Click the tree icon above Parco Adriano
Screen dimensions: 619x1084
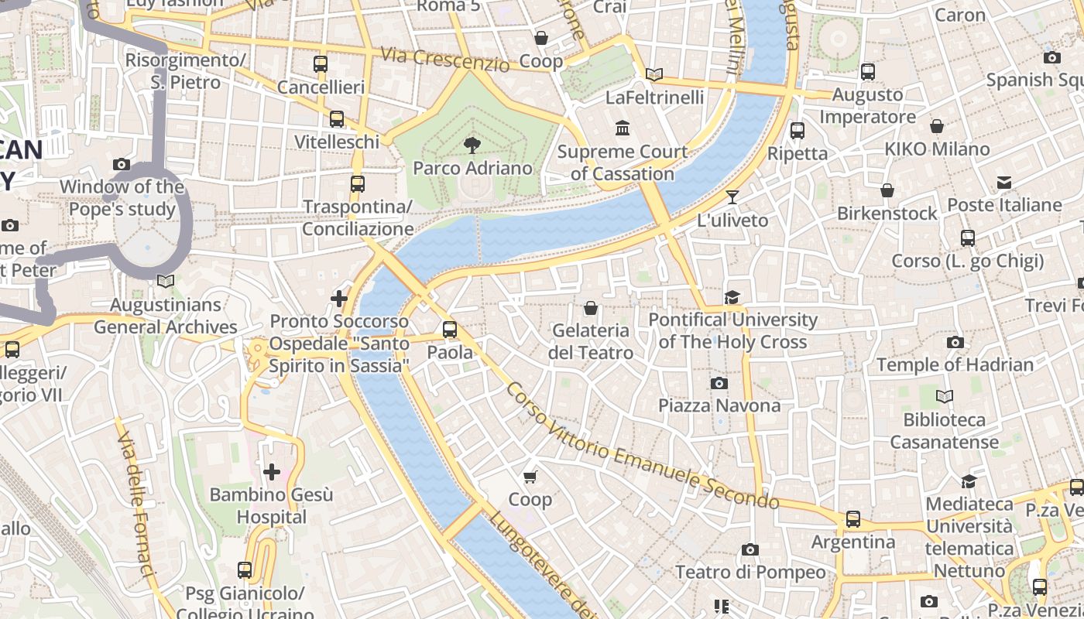[472, 145]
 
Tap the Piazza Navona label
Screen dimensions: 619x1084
[719, 405]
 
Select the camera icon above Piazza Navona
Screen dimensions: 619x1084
[719, 383]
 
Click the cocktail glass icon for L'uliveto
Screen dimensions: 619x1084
[732, 197]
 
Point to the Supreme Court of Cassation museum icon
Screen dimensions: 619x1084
[622, 128]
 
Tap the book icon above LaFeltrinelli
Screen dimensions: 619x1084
[654, 74]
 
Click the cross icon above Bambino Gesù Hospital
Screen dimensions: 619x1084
[272, 471]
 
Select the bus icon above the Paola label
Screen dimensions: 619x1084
[450, 330]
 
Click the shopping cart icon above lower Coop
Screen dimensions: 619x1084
[530, 477]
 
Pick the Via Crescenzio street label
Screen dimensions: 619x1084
[446, 60]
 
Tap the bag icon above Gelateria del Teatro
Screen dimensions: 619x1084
[591, 308]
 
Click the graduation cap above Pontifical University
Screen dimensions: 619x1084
[732, 297]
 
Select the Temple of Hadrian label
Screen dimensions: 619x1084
[955, 364]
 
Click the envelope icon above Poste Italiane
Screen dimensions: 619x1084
[1004, 183]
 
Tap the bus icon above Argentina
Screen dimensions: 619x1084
[853, 519]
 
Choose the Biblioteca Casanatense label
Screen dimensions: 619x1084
[945, 431]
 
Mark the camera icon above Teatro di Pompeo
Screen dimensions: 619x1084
[750, 549]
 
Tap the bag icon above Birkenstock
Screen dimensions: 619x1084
[887, 190]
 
